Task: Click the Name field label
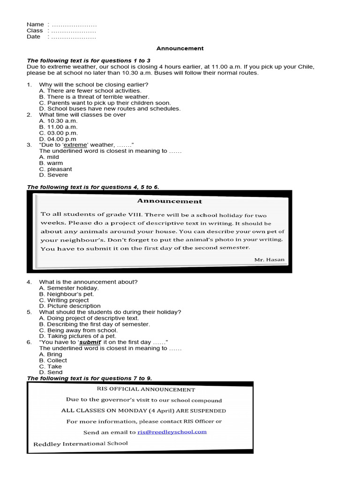click(x=35, y=24)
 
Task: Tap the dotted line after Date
click(x=73, y=37)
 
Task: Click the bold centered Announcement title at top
click(x=180, y=48)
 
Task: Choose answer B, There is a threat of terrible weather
click(x=94, y=97)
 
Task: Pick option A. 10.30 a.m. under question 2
click(x=58, y=121)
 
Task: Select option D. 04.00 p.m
click(x=58, y=139)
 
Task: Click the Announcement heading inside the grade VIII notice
click(x=169, y=201)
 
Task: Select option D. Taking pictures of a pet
click(x=77, y=336)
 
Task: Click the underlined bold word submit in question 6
click(x=90, y=342)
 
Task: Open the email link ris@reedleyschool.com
click(x=172, y=432)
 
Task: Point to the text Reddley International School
click(x=81, y=443)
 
